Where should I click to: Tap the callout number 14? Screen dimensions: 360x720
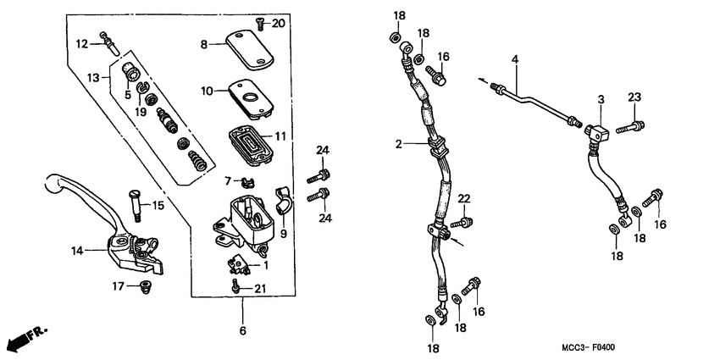77,251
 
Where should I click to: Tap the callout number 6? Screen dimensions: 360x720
242,331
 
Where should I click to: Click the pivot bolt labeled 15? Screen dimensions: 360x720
135,202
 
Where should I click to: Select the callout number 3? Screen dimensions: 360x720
600,100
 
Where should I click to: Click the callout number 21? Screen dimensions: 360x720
261,290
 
